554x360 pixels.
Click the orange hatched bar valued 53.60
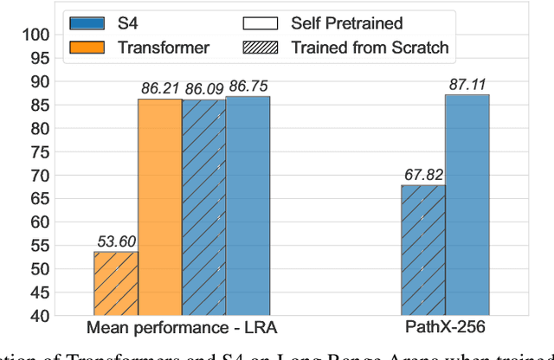click(x=116, y=284)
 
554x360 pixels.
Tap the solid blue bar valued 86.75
click(x=248, y=206)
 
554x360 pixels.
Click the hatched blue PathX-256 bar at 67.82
click(x=423, y=250)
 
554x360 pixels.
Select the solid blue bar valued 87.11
click(x=467, y=205)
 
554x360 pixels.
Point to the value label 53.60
click(x=114, y=241)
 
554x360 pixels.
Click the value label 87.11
click(x=467, y=84)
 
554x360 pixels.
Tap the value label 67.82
click(x=422, y=174)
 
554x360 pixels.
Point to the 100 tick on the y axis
click(x=35, y=35)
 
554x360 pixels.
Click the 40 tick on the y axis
click(x=38, y=316)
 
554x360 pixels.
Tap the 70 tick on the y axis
click(x=38, y=176)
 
